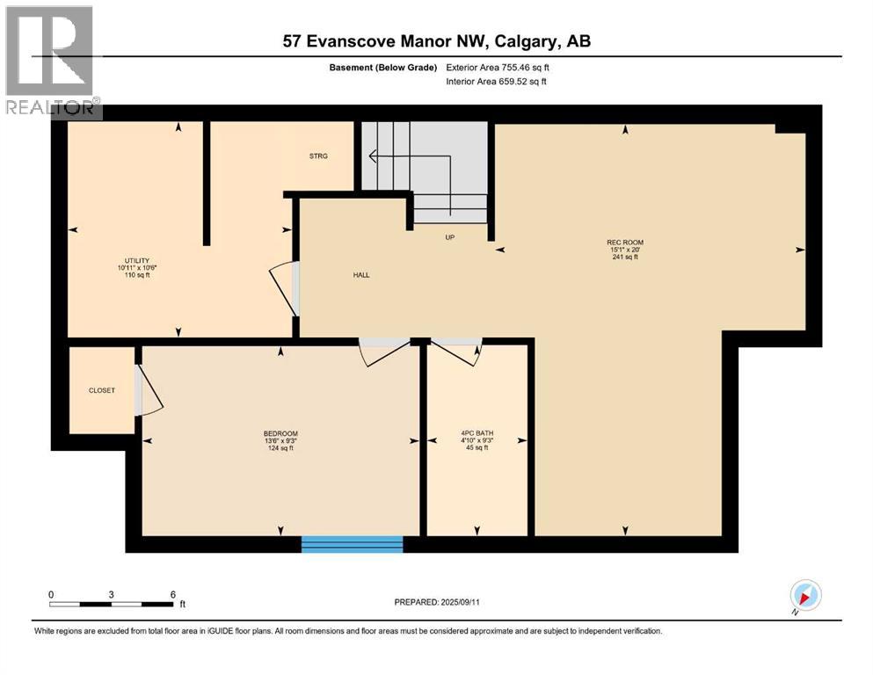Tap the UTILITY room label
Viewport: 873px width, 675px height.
click(x=136, y=260)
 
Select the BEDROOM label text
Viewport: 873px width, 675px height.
click(x=280, y=433)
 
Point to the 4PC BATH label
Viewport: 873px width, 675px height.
click(x=477, y=433)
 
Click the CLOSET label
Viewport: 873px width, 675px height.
click(x=101, y=390)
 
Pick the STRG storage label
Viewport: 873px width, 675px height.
click(x=318, y=156)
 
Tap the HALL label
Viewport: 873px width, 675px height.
click(x=361, y=274)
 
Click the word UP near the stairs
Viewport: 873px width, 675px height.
click(x=449, y=236)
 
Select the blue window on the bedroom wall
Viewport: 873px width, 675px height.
click(x=352, y=544)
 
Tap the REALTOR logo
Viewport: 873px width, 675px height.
click(x=51, y=62)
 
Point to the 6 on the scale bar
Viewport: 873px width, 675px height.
click(x=172, y=594)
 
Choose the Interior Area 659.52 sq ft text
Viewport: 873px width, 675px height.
click(x=497, y=82)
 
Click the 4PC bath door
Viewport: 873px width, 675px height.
click(x=458, y=351)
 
